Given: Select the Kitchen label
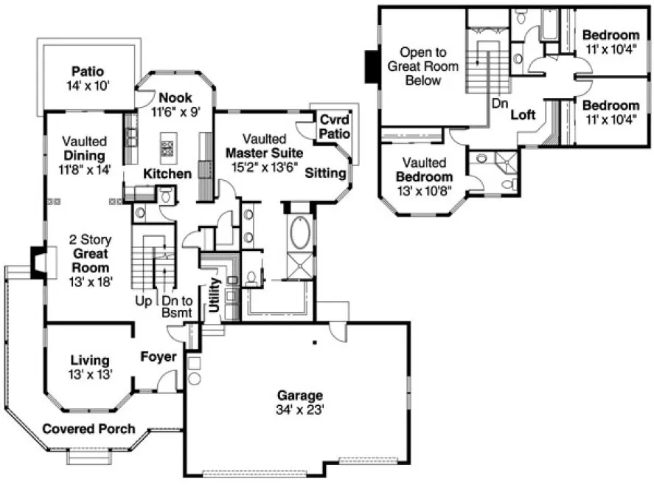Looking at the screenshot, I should coord(167,174).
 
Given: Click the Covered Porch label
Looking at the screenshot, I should coord(88,429).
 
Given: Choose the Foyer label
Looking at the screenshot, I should coord(159,357).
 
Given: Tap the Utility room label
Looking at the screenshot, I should coord(214,294).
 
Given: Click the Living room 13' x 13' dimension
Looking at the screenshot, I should coord(91,373).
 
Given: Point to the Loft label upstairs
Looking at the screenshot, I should coord(523,114).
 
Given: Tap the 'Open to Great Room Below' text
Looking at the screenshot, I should coord(423,66).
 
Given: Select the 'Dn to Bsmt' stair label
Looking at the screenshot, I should coord(177,307).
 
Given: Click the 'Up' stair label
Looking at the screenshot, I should coord(144,301).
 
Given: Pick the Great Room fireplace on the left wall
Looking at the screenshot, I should coord(38,261).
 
